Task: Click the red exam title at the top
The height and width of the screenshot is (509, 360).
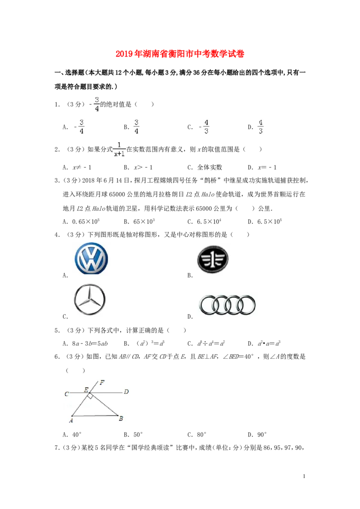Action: [180, 54]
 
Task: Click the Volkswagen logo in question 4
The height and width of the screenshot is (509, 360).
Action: [91, 259]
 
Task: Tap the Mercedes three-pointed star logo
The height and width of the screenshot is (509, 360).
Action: [90, 299]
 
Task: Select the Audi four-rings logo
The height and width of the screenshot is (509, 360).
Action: [227, 305]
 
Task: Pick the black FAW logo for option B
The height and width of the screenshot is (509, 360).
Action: [213, 259]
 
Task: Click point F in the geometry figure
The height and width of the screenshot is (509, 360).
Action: [102, 382]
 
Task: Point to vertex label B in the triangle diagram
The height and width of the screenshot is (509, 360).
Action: [121, 419]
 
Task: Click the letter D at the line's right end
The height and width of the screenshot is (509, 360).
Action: [126, 392]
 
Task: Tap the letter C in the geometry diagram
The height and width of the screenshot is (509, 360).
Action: [67, 394]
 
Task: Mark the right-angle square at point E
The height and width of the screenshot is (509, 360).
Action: [90, 396]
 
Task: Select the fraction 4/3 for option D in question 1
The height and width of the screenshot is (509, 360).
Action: [261, 127]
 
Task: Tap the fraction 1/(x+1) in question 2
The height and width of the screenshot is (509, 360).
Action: [119, 149]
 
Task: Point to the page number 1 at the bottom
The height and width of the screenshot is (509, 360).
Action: [304, 476]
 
